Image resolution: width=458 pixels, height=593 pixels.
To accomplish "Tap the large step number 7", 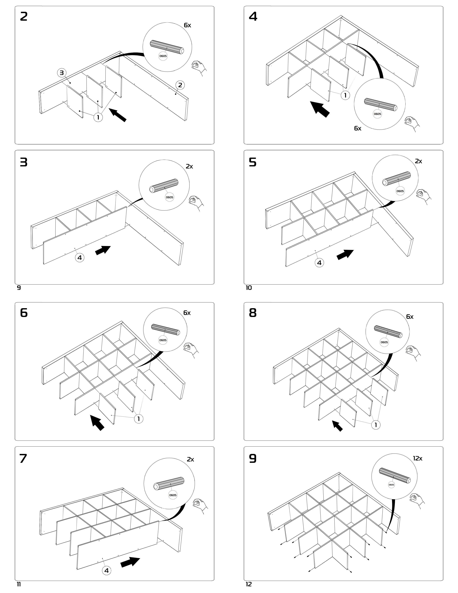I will pyautogui.click(x=23, y=459).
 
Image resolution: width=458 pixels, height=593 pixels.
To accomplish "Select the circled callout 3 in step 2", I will pyautogui.click(x=62, y=73).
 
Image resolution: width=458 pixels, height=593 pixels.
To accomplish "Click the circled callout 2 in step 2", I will pyautogui.click(x=180, y=85).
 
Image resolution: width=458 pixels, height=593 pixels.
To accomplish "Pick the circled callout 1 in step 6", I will pyautogui.click(x=139, y=419).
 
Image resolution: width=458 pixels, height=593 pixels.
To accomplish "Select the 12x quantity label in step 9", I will pyautogui.click(x=418, y=458).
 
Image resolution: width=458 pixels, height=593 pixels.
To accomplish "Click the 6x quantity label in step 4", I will pyautogui.click(x=358, y=128).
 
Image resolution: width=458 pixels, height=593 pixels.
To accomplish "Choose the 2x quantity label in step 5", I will pyautogui.click(x=418, y=161).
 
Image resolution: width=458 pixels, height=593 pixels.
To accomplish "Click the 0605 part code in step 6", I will pyautogui.click(x=163, y=340).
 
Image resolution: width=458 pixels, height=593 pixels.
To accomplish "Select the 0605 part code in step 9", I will pyautogui.click(x=391, y=485).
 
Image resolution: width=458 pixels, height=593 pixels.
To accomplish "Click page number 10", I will pyautogui.click(x=249, y=288).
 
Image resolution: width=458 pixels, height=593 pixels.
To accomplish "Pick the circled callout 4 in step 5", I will pyautogui.click(x=319, y=263).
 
